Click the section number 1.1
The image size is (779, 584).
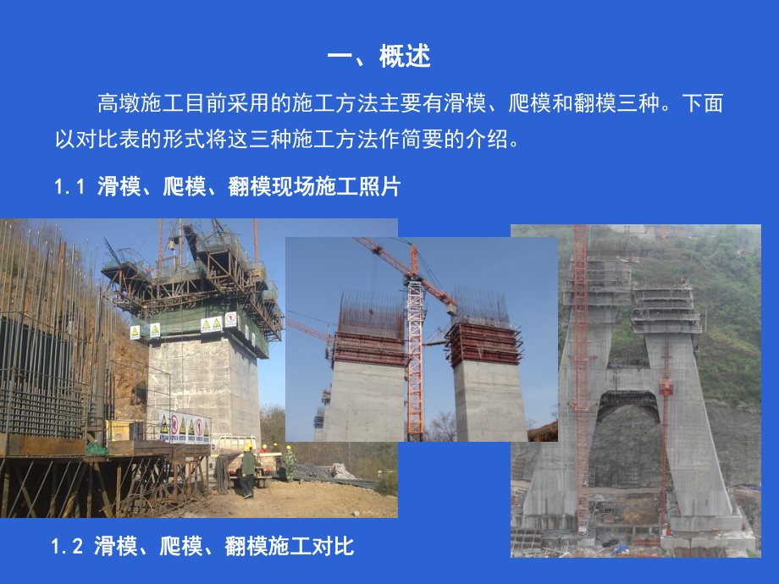70,188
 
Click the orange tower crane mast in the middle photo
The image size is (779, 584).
415,355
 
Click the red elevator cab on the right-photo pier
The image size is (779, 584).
666,388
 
